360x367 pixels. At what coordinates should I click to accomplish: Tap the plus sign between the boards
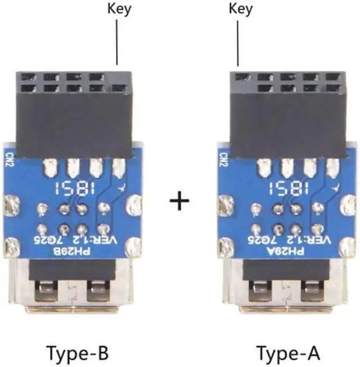(x=179, y=201)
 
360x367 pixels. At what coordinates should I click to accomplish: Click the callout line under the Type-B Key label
(x=116, y=39)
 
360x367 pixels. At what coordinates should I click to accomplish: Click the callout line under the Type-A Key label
(x=239, y=39)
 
